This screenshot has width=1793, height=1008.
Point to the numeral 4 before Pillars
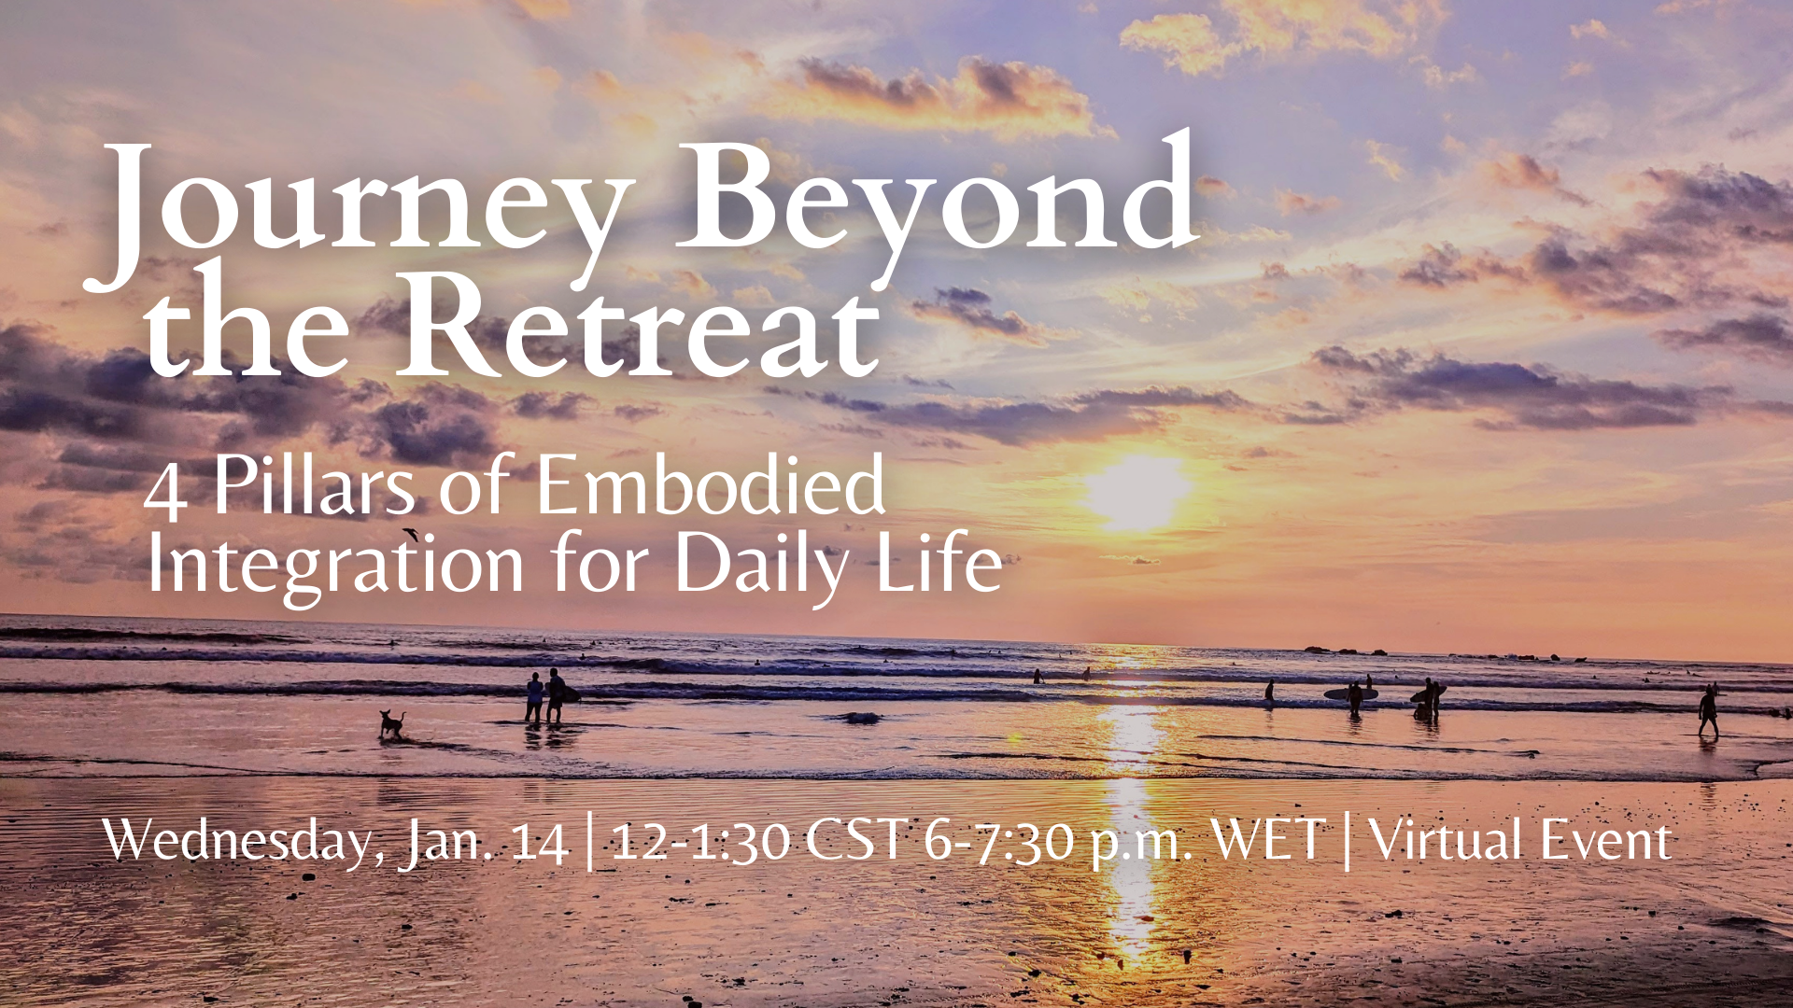pyautogui.click(x=165, y=493)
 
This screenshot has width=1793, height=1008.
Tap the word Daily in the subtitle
pyautogui.click(x=761, y=566)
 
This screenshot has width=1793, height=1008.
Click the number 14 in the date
pyautogui.click(x=540, y=842)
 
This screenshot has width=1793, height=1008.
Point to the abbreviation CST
pyautogui.click(x=856, y=839)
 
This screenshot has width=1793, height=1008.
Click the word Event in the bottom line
pyautogui.click(x=1606, y=840)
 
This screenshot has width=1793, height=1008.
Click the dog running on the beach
pyautogui.click(x=392, y=724)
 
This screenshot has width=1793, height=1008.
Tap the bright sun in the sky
pyautogui.click(x=1137, y=492)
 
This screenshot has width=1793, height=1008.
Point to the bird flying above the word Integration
pyautogui.click(x=409, y=534)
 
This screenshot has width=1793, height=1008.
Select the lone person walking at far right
pyautogui.click(x=1708, y=712)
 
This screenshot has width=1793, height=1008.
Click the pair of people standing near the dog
pyautogui.click(x=544, y=697)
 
